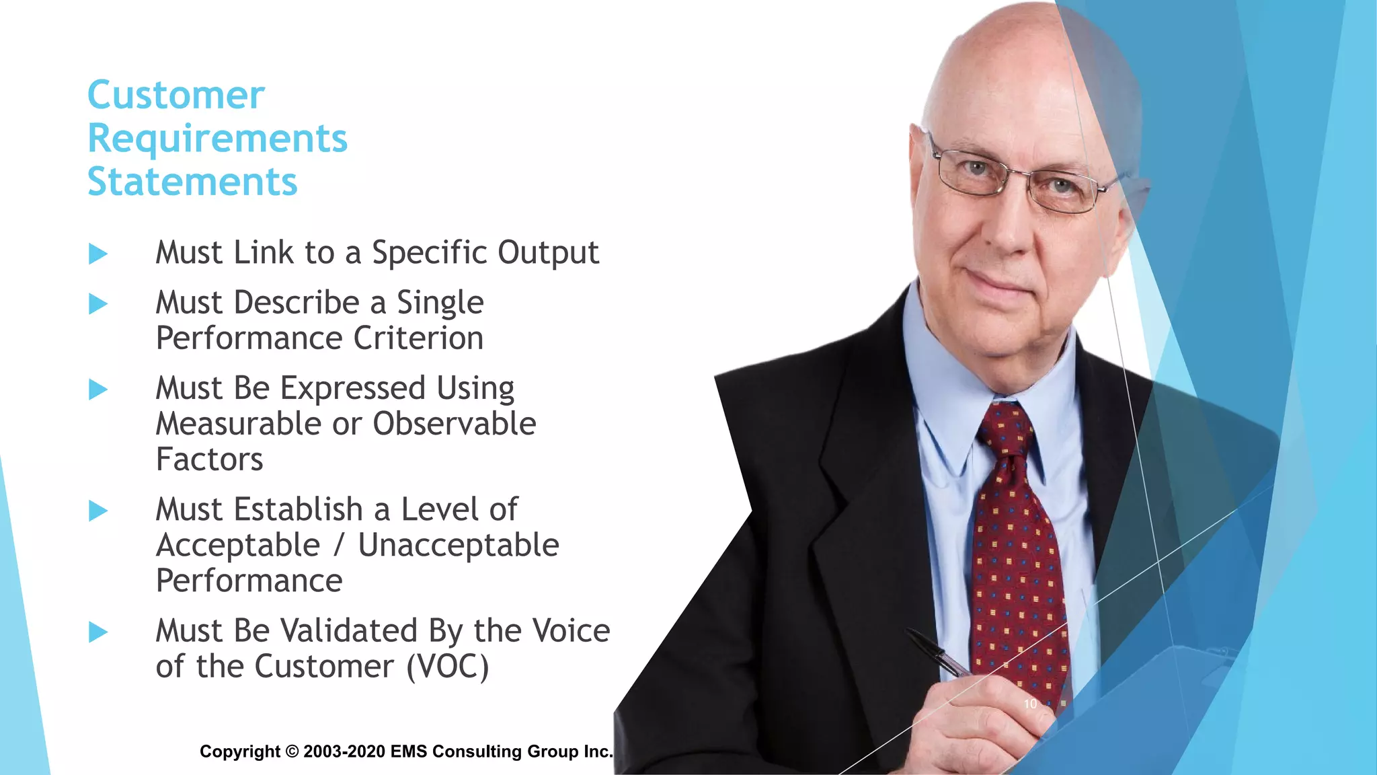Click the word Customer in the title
(176, 96)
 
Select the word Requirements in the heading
(218, 139)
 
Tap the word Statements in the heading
(192, 182)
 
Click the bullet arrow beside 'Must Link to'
(98, 254)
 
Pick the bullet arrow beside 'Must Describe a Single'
(98, 304)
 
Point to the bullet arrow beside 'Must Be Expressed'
(98, 390)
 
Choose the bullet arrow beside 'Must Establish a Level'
(98, 511)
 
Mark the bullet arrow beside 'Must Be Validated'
(98, 632)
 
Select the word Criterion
(418, 338)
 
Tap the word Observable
(455, 424)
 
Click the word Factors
(209, 460)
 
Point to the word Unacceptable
(458, 546)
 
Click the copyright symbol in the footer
(292, 751)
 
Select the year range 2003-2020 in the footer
(344, 751)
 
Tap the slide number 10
(1030, 704)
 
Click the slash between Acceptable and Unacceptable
(339, 546)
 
